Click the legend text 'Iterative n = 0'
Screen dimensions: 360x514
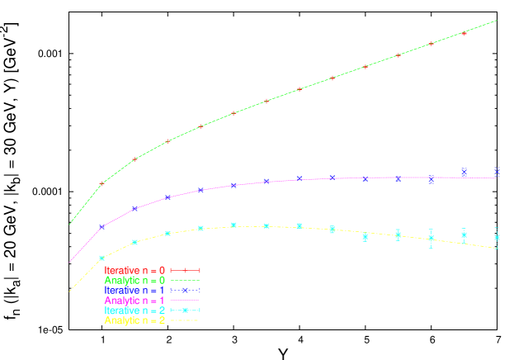click(134, 270)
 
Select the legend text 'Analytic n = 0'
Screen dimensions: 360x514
click(134, 280)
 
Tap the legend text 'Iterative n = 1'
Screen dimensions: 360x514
click(134, 290)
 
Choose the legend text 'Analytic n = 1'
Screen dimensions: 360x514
click(134, 300)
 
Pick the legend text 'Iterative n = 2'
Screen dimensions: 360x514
click(134, 310)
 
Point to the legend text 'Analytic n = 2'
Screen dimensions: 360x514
click(134, 320)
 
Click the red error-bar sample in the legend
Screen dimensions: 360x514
click(186, 270)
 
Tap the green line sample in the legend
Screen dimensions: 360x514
click(186, 280)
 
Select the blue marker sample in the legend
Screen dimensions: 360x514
click(186, 290)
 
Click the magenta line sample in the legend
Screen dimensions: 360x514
click(186, 300)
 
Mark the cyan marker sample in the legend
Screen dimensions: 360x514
click(186, 310)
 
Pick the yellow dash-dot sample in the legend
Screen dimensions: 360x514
click(186, 320)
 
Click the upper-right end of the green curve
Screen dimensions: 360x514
click(497, 21)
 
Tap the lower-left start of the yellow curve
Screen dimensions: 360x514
click(69, 291)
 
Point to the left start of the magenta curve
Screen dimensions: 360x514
click(69, 263)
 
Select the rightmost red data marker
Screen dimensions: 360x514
click(464, 34)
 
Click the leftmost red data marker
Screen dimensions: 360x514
click(101, 183)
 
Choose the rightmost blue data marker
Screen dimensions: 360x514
click(497, 171)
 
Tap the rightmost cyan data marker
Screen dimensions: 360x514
click(497, 238)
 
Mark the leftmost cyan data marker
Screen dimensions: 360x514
click(101, 258)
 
